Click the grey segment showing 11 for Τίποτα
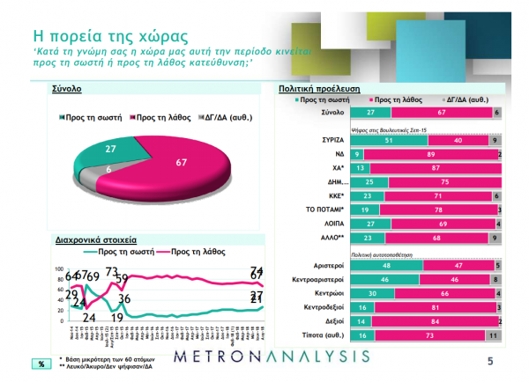[x=495, y=335]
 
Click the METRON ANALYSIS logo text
[x=271, y=356]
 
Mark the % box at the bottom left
[x=41, y=364]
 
